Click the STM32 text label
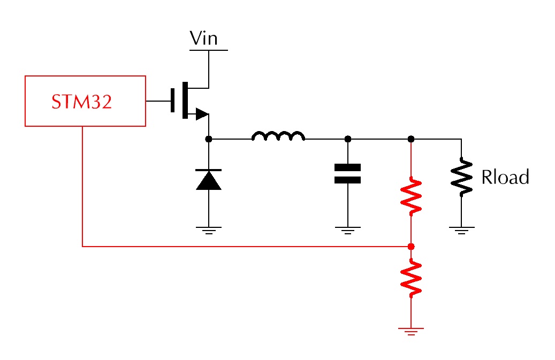click(x=81, y=102)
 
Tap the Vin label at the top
click(x=203, y=38)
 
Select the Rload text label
click(x=505, y=177)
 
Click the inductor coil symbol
click(x=278, y=136)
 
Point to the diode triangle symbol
click(x=209, y=180)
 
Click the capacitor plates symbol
click(x=347, y=173)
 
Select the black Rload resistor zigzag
click(x=461, y=177)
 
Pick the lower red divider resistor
click(x=411, y=278)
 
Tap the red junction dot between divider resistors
click(x=411, y=247)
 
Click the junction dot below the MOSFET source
click(x=209, y=139)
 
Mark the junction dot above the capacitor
click(x=348, y=139)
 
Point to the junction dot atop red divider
click(x=411, y=139)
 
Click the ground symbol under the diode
click(x=209, y=230)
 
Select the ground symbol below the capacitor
click(x=347, y=230)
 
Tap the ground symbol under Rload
click(x=461, y=230)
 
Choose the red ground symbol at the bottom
click(x=411, y=331)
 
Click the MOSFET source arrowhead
click(x=202, y=114)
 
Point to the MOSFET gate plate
click(x=173, y=100)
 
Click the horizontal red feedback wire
click(x=246, y=246)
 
